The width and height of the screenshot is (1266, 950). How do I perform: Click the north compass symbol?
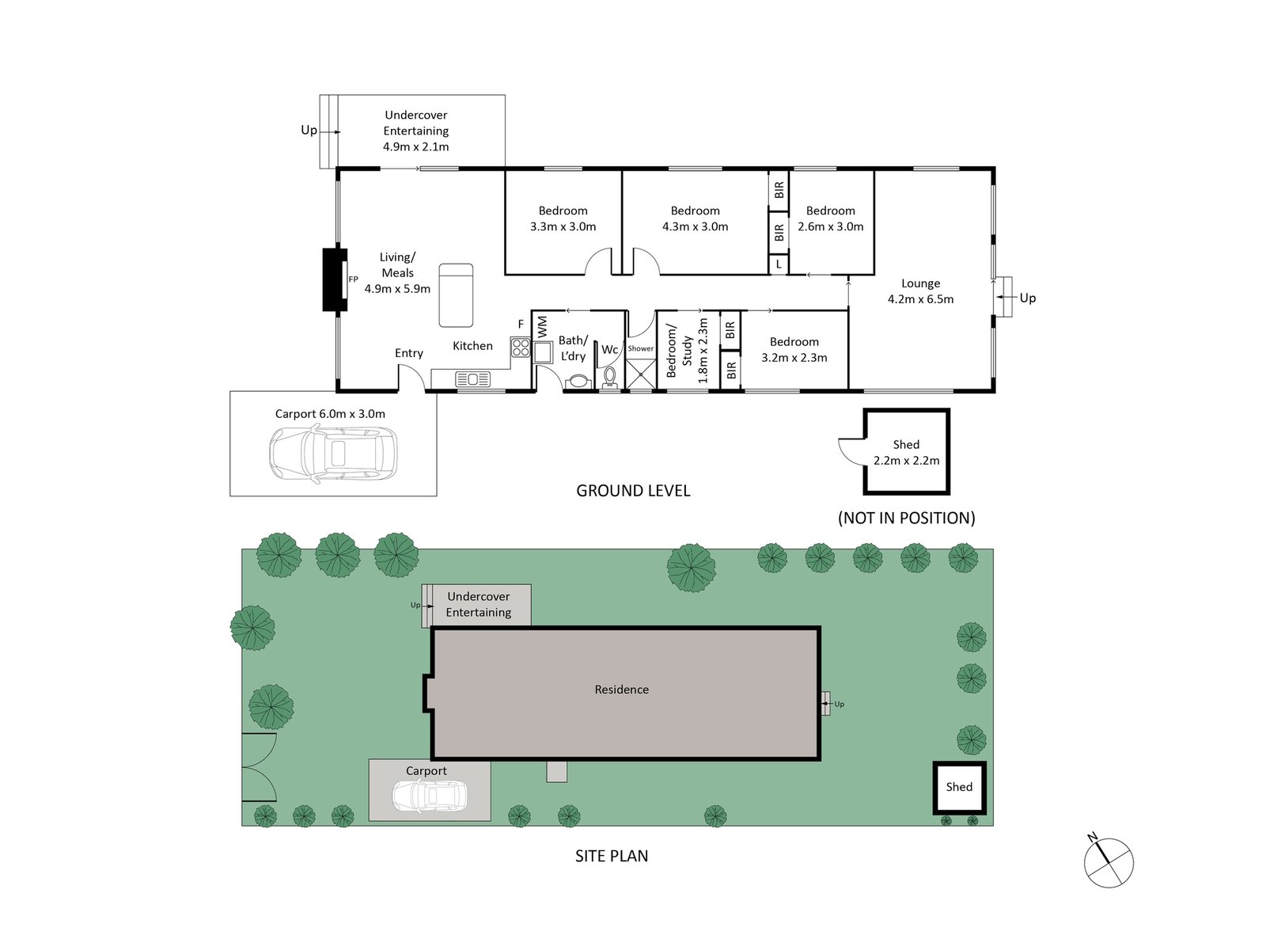click(x=1109, y=862)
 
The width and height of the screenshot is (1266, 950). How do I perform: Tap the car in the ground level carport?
click(x=333, y=454)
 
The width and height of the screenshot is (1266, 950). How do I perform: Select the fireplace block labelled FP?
click(x=334, y=279)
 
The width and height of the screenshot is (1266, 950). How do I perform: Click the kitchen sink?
click(x=472, y=380)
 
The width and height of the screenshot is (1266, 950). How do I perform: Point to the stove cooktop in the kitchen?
click(x=520, y=348)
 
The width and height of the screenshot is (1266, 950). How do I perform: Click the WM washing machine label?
click(x=542, y=327)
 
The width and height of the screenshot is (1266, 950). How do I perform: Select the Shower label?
click(x=641, y=348)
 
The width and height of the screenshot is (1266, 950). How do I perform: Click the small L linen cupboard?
click(x=779, y=264)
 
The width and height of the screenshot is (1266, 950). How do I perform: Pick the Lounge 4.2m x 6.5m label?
click(x=920, y=291)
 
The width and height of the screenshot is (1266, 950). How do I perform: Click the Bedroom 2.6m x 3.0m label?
click(x=830, y=218)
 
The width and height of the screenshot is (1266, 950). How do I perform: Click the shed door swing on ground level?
click(x=851, y=452)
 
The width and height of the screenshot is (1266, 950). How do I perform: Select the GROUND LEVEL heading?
click(x=633, y=491)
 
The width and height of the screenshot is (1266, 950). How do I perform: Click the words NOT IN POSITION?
click(x=906, y=518)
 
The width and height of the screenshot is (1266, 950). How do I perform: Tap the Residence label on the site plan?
click(x=621, y=690)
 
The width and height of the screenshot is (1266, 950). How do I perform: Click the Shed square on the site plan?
click(x=959, y=787)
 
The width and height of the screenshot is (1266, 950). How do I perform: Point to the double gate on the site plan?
click(x=258, y=767)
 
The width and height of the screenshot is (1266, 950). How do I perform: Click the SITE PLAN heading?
click(x=611, y=856)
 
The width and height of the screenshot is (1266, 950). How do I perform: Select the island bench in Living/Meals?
click(x=456, y=295)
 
